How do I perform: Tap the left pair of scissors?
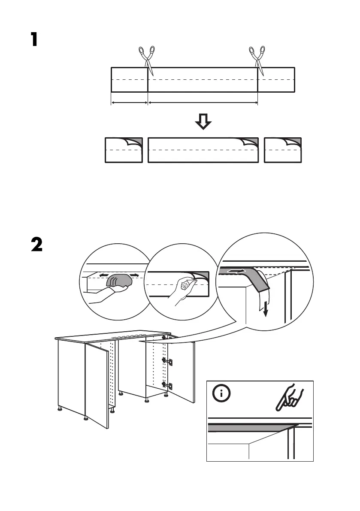coord(146,58)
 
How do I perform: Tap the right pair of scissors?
coord(257,58)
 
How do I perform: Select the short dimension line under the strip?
coord(130,103)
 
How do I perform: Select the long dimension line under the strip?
coord(203,103)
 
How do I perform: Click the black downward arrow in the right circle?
coord(266,308)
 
